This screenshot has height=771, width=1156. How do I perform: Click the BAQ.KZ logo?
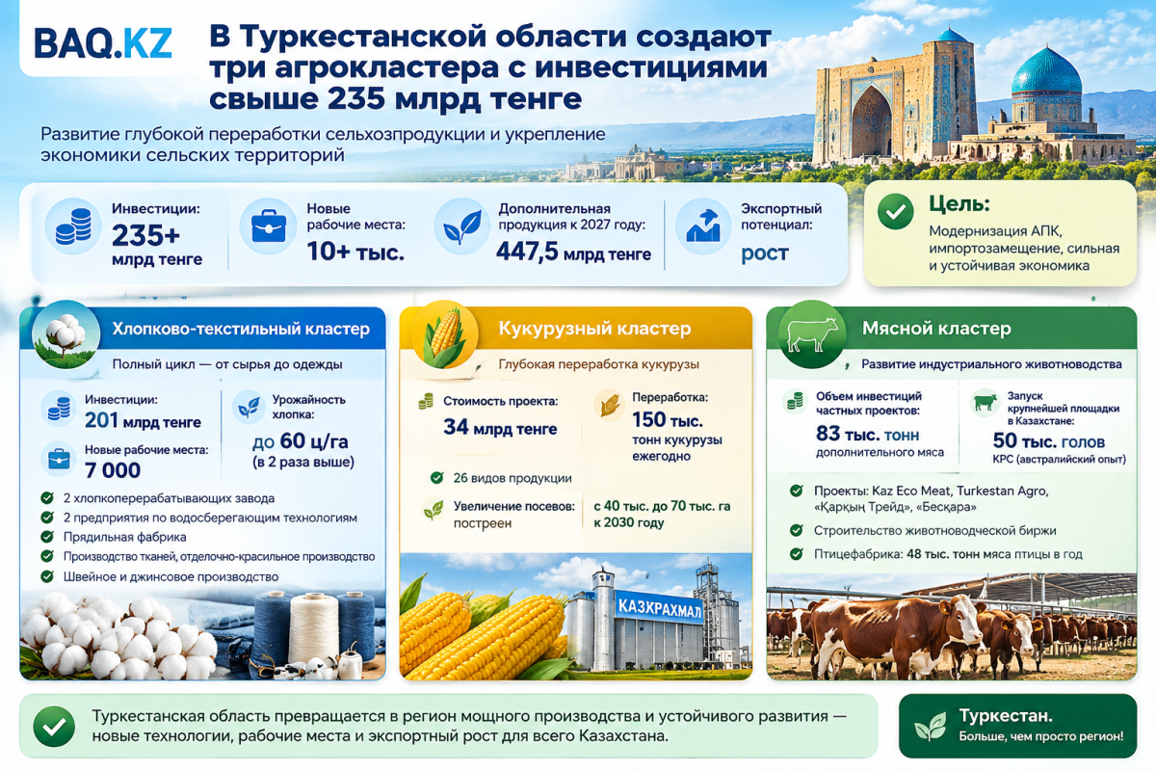pos(103,42)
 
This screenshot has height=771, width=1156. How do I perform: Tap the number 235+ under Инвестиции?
pos(145,235)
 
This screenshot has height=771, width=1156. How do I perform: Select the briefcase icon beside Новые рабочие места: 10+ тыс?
pos(269,226)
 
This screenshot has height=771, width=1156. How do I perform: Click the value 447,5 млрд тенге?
pos(573,253)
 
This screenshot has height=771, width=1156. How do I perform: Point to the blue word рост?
pos(764,253)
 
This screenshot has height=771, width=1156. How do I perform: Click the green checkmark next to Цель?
pos(895,211)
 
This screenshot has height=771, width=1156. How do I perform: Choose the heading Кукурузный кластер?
pos(594,329)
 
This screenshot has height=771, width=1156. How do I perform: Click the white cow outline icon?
pos(811,334)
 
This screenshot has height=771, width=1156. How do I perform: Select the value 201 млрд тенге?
pos(143,421)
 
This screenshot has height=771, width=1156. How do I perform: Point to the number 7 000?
pos(113,470)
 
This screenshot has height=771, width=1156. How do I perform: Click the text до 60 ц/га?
pos(301,442)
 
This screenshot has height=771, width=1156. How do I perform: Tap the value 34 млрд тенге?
pos(500,428)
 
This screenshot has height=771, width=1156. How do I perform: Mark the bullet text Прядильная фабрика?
pos(125,537)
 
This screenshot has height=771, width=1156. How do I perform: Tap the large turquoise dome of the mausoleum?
pos(1046,71)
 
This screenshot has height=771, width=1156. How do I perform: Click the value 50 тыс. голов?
pos(1049,441)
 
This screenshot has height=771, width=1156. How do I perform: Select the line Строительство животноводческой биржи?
pos(934,530)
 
